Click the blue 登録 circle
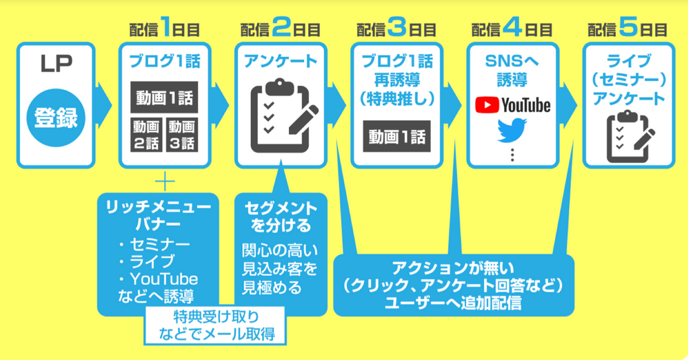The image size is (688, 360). click(55, 117)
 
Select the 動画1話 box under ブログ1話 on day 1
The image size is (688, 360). click(164, 98)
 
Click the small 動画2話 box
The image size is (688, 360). click(145, 135)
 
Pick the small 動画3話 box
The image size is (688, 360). click(181, 135)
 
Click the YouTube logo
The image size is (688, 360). click(512, 105)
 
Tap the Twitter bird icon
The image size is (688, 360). click(512, 130)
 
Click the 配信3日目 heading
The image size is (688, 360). click(397, 29)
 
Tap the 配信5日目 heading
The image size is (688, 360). click(628, 29)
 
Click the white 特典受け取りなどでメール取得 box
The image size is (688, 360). click(214, 324)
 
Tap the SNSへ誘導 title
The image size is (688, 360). click(512, 71)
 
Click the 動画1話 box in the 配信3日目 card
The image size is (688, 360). click(397, 136)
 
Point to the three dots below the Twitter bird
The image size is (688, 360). click(512, 154)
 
